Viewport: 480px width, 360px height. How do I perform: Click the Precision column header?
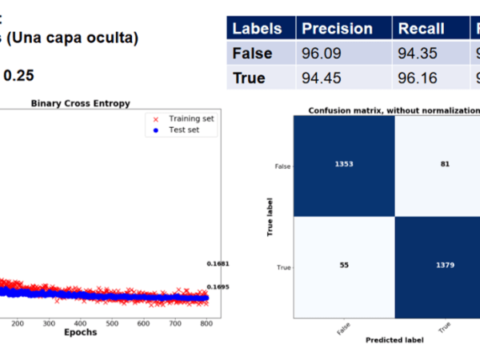(x=337, y=29)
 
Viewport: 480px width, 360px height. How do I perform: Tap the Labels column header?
(x=257, y=29)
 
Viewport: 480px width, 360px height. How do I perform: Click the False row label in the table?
(x=252, y=54)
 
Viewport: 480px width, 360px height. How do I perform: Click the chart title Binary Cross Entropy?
(x=80, y=103)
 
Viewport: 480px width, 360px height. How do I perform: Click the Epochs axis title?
(x=81, y=332)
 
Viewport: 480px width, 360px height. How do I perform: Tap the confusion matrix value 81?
(x=445, y=164)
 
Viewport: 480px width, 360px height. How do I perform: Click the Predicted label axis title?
(x=395, y=340)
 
